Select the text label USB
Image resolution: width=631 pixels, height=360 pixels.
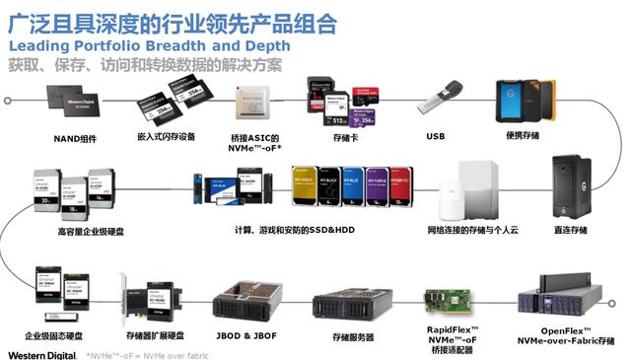(436, 136)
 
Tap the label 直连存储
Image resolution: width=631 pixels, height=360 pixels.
(571, 230)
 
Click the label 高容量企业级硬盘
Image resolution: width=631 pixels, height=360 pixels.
(77, 233)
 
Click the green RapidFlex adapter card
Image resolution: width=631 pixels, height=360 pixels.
(449, 298)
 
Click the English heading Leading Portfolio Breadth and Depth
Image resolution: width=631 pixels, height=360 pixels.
(149, 46)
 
